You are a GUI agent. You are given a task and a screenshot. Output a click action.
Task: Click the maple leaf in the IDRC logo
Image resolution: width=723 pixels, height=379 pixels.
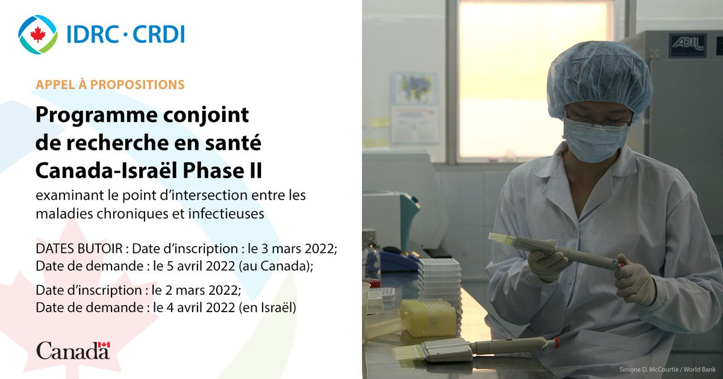pos(38,34)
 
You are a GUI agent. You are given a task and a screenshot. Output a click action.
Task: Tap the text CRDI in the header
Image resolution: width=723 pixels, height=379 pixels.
pos(158,34)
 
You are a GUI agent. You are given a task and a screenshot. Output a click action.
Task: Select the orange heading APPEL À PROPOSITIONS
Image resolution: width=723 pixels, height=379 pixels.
pos(110,84)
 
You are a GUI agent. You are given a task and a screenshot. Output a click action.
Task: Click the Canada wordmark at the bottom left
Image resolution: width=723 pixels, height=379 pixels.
pos(73,351)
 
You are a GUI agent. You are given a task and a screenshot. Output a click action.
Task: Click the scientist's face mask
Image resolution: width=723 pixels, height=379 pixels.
pos(593,140)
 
